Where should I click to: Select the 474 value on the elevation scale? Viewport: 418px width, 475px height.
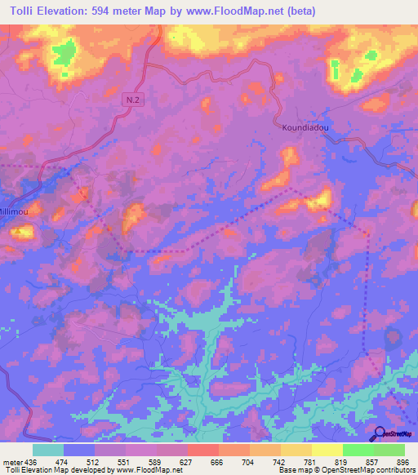point(64,463)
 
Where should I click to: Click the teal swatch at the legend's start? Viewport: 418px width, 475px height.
point(48,450)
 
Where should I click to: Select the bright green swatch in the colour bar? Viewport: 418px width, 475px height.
point(358,450)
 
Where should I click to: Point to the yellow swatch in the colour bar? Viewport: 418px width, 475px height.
point(327,450)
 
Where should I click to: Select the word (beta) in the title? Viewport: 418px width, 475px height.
point(298,11)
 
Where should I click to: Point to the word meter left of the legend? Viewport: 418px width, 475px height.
point(13,463)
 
